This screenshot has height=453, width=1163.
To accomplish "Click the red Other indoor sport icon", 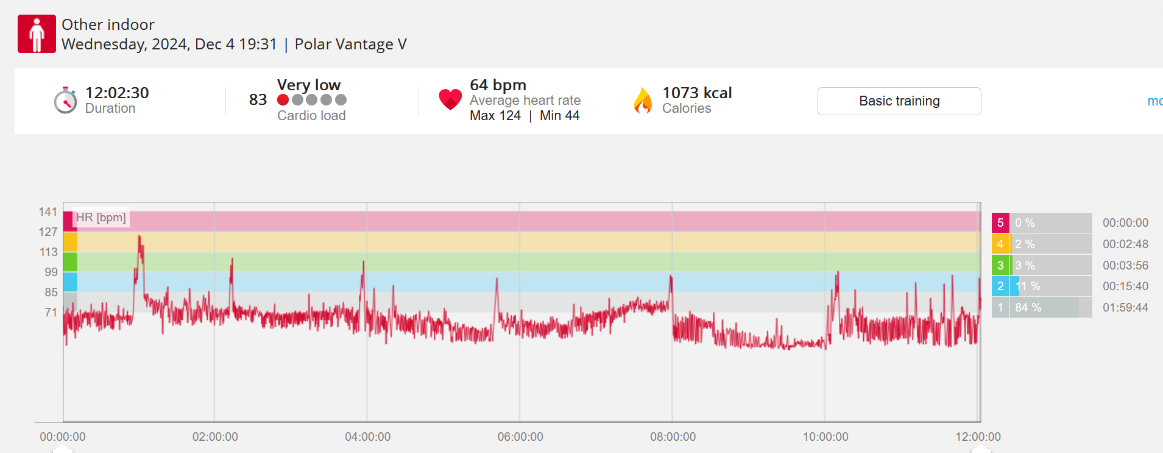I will tap(37, 34).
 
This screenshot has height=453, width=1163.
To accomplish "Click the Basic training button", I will tap(899, 101).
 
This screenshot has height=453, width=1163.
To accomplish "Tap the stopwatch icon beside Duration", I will tap(65, 101).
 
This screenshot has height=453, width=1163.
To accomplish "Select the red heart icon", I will tap(450, 99).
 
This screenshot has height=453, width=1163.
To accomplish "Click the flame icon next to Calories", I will tap(643, 101).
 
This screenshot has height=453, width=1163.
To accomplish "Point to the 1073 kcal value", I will tap(697, 93).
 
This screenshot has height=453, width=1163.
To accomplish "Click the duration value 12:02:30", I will tap(117, 93).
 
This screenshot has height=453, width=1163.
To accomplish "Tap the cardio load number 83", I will tap(258, 99).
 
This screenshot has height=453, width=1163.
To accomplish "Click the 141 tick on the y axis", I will tap(48, 212).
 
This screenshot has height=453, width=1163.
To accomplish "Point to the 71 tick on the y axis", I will tap(51, 312).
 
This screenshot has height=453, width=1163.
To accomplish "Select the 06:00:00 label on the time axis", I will tap(520, 437).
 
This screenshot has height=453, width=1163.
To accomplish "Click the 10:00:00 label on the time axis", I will tap(825, 437).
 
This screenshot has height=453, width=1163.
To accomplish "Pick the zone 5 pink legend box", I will tap(1000, 223).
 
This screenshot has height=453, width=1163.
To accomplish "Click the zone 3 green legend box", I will tap(1000, 265).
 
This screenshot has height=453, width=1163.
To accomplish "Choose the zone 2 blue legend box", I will tap(1000, 287).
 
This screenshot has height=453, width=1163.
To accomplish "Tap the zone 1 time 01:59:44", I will tap(1125, 308).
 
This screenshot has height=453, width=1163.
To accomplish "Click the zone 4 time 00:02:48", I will tap(1125, 244).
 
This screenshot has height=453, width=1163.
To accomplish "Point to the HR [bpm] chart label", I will tap(101, 218).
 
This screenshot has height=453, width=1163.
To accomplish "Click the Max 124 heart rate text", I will tap(495, 116).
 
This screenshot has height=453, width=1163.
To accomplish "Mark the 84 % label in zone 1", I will tap(1028, 308).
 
